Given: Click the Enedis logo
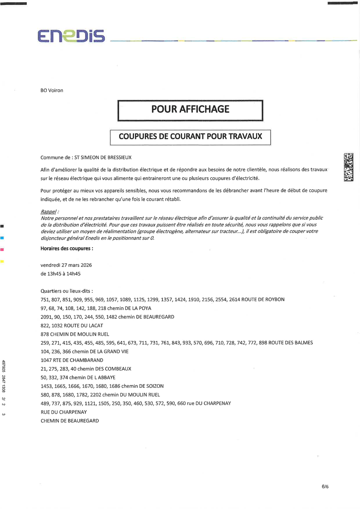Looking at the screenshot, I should pos(71,36).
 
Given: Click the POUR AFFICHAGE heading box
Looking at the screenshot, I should pos(190,109).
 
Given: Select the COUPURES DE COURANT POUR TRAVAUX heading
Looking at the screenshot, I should pos(190,136).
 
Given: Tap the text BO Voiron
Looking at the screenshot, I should pos(52,90).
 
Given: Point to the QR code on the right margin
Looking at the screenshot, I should pos(348,166).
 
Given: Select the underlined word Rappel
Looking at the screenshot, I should pos(49,211).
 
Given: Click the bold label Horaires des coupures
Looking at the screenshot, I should pos(67,248).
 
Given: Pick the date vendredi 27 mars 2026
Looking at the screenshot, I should pos(66,265).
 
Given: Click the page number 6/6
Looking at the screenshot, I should pos(325,487).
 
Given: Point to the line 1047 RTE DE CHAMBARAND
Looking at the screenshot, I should pos(72,360).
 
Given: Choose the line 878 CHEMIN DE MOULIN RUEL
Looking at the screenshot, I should pos(75,334).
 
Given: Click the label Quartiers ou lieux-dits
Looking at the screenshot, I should pos(67,291).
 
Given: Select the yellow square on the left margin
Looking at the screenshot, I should pos(2,261).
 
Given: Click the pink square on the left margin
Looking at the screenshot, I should pos(2,249).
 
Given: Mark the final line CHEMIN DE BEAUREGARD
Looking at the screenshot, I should pos(70,421).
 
